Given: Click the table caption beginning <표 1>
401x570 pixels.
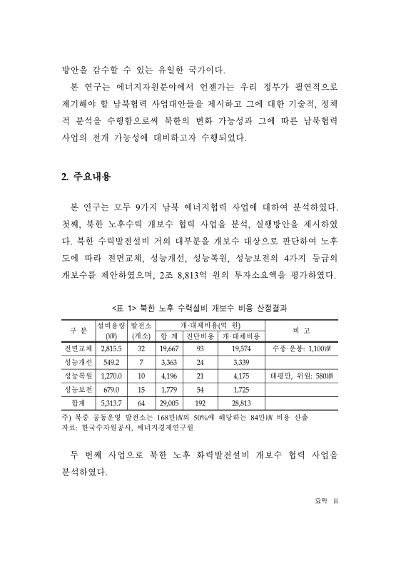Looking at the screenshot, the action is (200, 306).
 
